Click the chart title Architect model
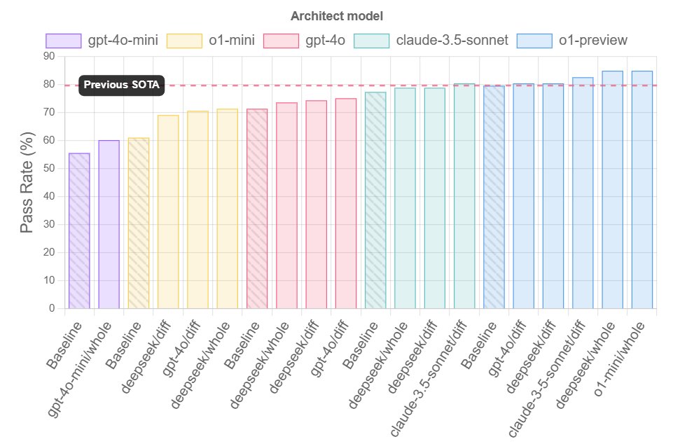coord(336,15)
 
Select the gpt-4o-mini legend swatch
coord(63,41)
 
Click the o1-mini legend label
coord(232,41)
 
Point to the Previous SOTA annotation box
coord(121,85)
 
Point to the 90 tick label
coord(49,56)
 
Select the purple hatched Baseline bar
coord(79,231)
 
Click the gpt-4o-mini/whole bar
coord(109,224)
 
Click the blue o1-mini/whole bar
coord(642,189)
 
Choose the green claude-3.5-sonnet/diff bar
coord(464,196)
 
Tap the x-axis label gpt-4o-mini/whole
coord(83,371)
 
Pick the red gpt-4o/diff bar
coord(346,203)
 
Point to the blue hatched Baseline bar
coord(494,197)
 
